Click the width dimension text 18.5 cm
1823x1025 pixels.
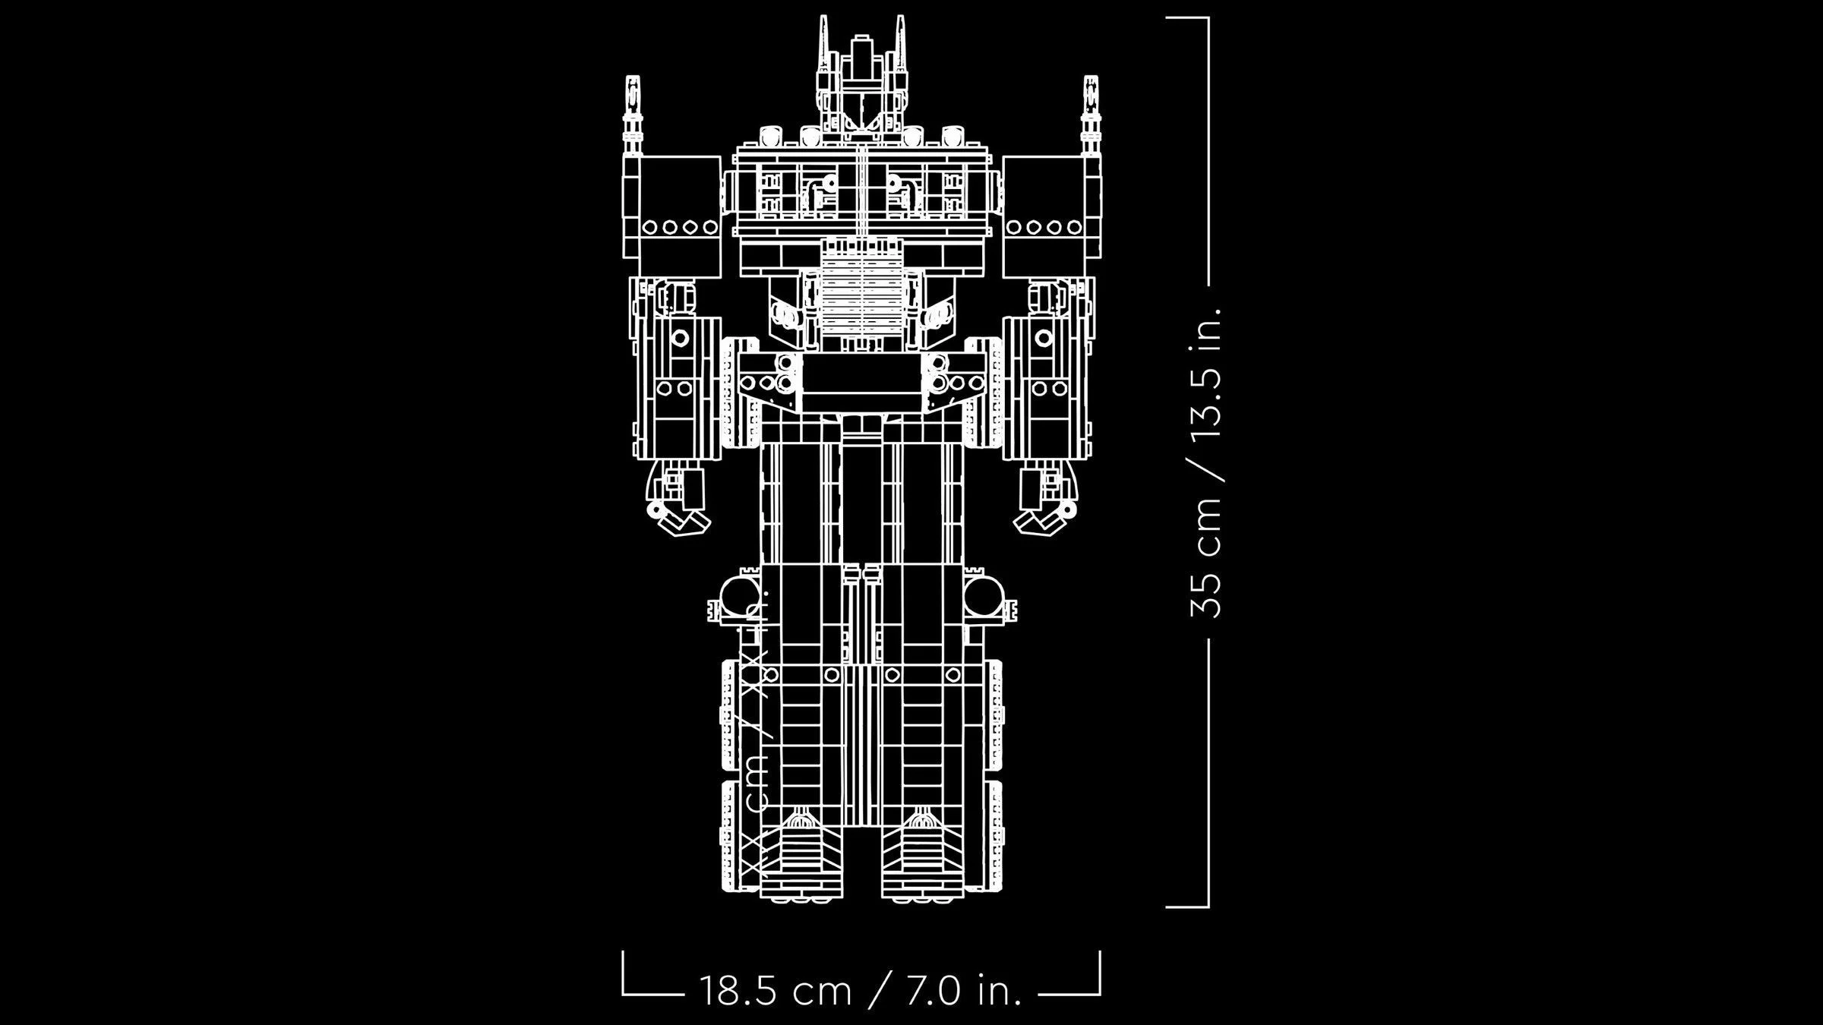pos(774,991)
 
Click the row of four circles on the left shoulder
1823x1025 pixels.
pos(680,226)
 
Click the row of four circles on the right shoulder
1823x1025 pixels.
pos(1044,226)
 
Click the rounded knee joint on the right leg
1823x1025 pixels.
pos(985,596)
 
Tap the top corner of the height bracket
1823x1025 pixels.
pos(1207,17)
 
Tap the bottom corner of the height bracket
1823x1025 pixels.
pos(1207,906)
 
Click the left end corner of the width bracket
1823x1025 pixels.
pos(623,994)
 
